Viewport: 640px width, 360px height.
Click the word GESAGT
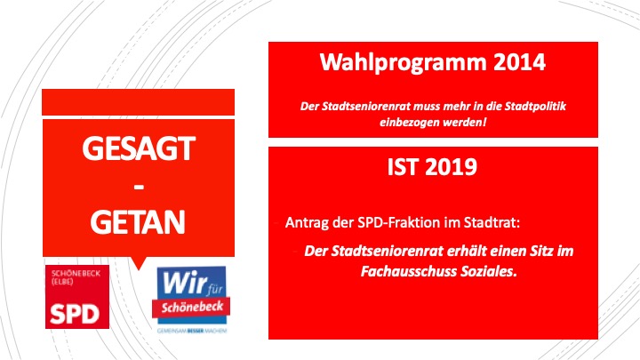pyautogui.click(x=139, y=148)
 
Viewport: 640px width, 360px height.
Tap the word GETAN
pyautogui.click(x=138, y=221)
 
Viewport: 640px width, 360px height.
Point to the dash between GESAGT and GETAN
pyautogui.click(x=139, y=188)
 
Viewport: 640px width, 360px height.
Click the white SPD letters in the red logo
pyautogui.click(x=75, y=314)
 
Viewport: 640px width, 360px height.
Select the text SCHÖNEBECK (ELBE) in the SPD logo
pyautogui.click(x=76, y=277)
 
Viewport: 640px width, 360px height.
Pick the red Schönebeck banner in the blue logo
pyautogui.click(x=191, y=308)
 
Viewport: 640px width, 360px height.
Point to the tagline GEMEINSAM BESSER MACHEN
pyautogui.click(x=192, y=331)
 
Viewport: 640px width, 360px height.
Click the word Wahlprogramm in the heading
pyautogui.click(x=404, y=63)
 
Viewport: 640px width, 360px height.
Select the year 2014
pyautogui.click(x=519, y=61)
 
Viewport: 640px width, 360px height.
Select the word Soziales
pyautogui.click(x=489, y=271)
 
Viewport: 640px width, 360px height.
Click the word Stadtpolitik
pyautogui.click(x=535, y=107)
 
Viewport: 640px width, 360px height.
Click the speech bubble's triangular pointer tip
pyautogui.click(x=139, y=270)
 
